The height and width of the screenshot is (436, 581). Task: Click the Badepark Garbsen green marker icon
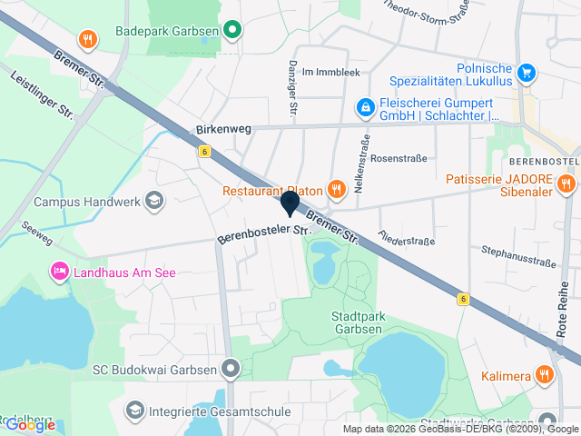pyautogui.click(x=232, y=30)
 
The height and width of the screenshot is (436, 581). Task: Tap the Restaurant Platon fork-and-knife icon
pyautogui.click(x=336, y=189)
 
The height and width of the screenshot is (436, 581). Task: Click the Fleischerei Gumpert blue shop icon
pyautogui.click(x=365, y=107)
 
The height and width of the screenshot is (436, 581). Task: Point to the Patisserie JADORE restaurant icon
pyautogui.click(x=566, y=184)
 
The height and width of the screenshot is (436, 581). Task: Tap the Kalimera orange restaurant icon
pyautogui.click(x=544, y=374)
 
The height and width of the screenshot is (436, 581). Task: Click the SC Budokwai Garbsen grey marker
pyautogui.click(x=231, y=370)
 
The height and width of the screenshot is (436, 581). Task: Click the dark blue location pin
pyautogui.click(x=290, y=203)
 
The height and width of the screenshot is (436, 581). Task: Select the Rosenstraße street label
pyautogui.click(x=399, y=157)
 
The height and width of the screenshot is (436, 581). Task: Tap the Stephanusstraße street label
pyautogui.click(x=518, y=256)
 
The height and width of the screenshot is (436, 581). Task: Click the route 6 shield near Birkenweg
pyautogui.click(x=205, y=152)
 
